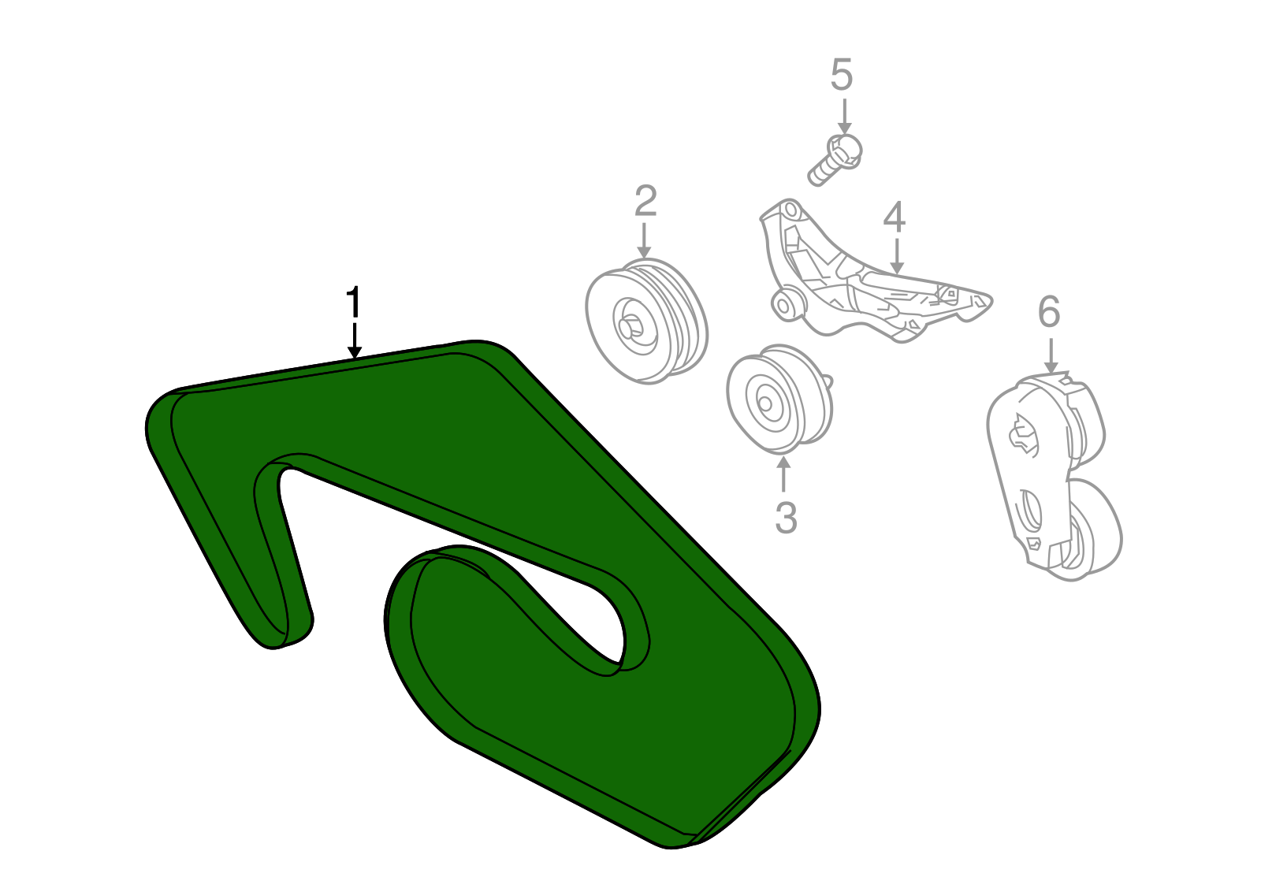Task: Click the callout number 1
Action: (353, 302)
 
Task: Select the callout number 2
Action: (645, 201)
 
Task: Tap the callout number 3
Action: (786, 518)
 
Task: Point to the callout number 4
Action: (895, 217)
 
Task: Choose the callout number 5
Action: (842, 75)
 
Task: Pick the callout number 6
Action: (1049, 312)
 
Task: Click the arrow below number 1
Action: (354, 340)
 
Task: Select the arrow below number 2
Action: (644, 240)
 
